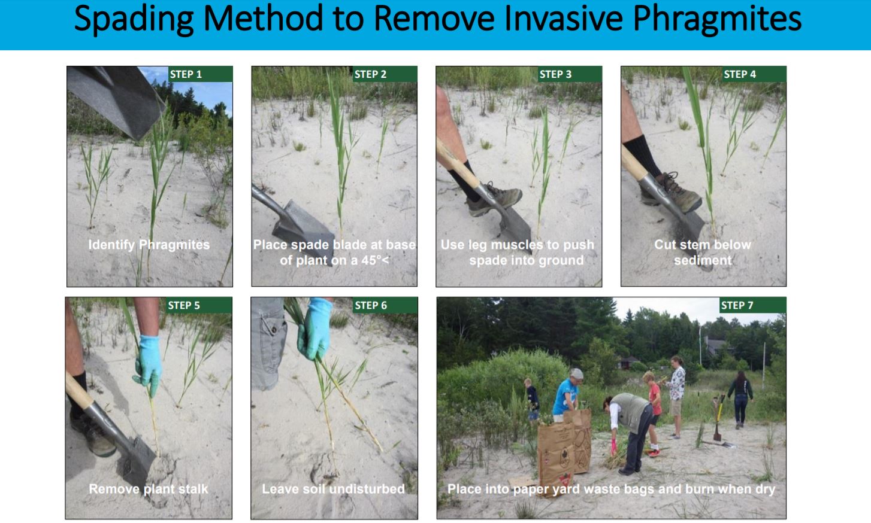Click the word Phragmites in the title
click(717, 19)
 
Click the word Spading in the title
click(134, 19)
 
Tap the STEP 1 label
click(186, 74)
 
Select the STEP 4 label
click(740, 74)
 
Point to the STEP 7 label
click(737, 305)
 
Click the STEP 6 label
click(371, 305)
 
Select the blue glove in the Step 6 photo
click(314, 329)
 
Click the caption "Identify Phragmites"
click(149, 245)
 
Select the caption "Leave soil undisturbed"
click(333, 489)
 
